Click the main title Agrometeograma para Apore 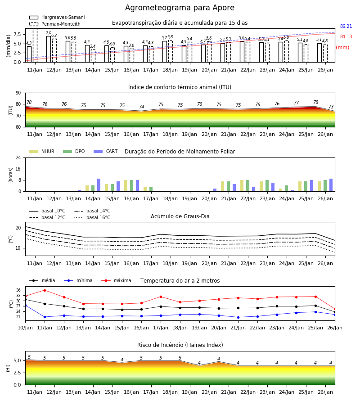(180, 8)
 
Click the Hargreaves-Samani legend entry (57, 17)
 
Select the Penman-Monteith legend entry (55, 24)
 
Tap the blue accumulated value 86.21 (346, 27)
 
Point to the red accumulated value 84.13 (346, 37)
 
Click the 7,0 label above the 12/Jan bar (49, 33)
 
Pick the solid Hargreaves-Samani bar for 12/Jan (49, 49)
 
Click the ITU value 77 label (296, 103)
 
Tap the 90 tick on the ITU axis (18, 93)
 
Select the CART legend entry (106, 151)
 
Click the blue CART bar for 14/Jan (99, 185)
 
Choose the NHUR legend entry (42, 151)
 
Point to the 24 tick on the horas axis (18, 157)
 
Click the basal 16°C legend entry (92, 217)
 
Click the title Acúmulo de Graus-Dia (180, 216)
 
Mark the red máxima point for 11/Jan (45, 290)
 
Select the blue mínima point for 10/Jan (25, 305)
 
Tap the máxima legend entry (116, 280)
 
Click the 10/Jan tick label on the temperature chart (25, 328)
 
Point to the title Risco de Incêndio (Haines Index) (180, 345)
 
